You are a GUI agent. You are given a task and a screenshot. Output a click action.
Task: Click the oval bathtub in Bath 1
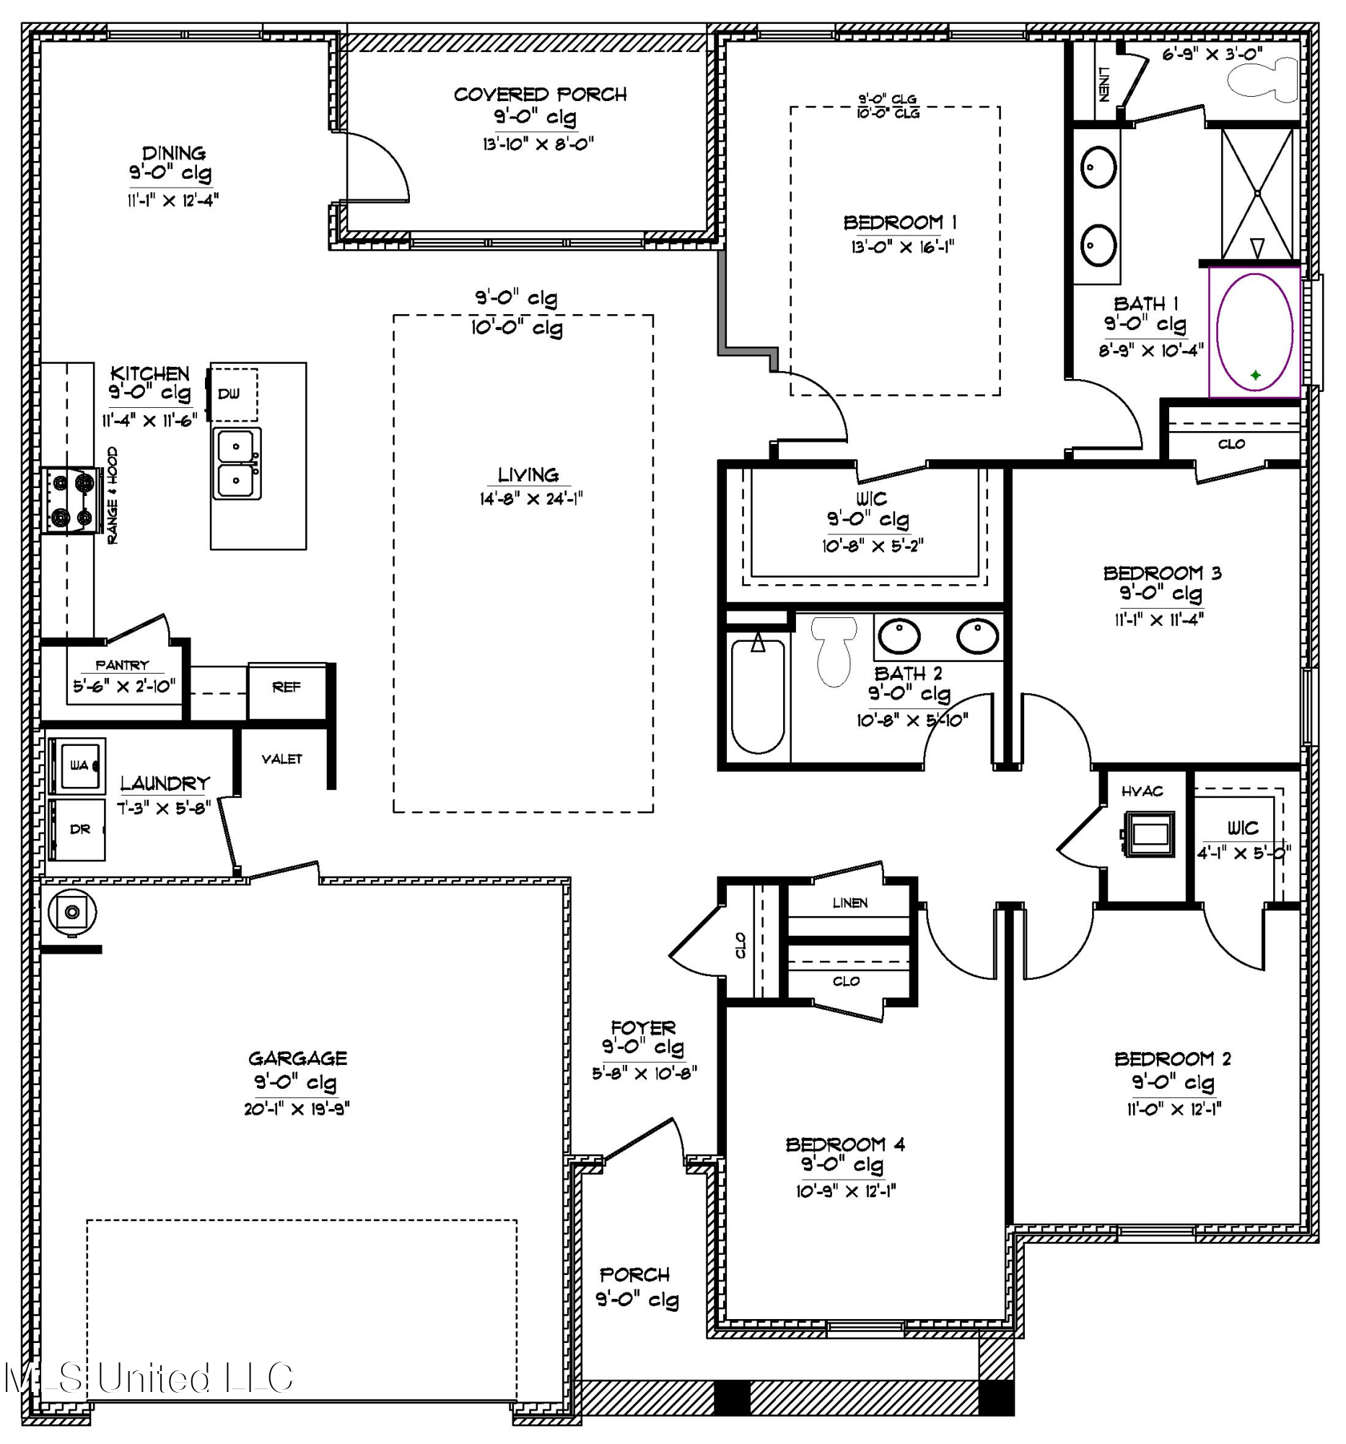tap(1254, 332)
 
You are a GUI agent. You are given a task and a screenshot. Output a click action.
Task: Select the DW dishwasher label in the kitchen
tap(229, 393)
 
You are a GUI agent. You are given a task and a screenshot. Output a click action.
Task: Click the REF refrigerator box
tap(287, 687)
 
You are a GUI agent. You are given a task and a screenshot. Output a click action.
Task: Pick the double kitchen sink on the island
tap(237, 464)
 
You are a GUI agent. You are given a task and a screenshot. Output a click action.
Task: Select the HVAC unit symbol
tap(1149, 833)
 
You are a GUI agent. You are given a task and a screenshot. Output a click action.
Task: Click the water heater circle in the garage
tap(72, 912)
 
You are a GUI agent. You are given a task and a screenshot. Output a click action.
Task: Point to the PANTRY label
tap(122, 666)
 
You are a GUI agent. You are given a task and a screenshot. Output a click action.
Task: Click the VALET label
tap(281, 759)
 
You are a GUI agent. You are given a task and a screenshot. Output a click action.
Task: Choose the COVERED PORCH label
tap(540, 95)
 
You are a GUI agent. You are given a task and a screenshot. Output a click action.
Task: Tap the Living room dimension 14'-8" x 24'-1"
tap(530, 499)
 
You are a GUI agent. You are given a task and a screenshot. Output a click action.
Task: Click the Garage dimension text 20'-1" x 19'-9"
tap(297, 1109)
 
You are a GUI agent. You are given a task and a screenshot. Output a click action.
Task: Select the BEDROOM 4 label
tap(845, 1145)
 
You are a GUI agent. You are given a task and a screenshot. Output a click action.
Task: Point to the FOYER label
tap(643, 1028)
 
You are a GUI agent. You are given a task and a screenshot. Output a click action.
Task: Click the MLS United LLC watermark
tap(149, 1378)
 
